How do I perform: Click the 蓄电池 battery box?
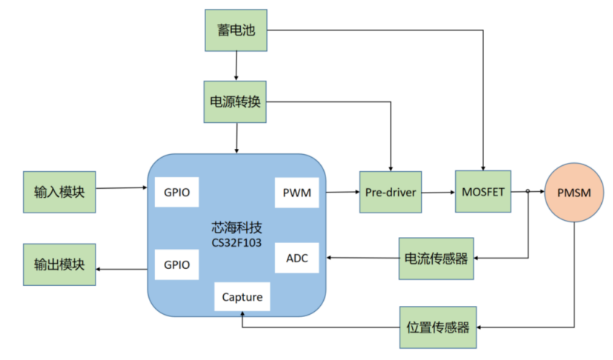235,31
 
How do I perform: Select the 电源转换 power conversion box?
235,101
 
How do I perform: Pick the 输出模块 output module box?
59,264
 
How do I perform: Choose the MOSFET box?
483,191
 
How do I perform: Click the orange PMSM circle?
574,193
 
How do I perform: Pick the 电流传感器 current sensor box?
436,259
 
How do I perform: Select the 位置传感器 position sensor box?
438,327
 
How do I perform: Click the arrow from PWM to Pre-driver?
341,193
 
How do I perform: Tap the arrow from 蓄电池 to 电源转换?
236,65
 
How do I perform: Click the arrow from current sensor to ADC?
363,259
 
